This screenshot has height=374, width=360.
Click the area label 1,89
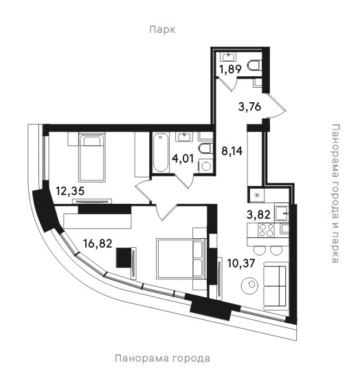pyautogui.click(x=230, y=69)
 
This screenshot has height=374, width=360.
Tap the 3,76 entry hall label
pyautogui.click(x=249, y=106)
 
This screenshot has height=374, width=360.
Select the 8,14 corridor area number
pyautogui.click(x=232, y=151)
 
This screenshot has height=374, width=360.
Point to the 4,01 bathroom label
pyautogui.click(x=183, y=159)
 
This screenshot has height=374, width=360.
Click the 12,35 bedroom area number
pyautogui.click(x=70, y=191)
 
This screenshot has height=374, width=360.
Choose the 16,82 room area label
pyautogui.click(x=98, y=244)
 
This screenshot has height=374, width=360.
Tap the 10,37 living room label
pyautogui.click(x=241, y=264)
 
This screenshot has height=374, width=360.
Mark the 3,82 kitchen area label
pyautogui.click(x=258, y=215)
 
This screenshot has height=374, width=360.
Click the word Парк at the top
pyautogui.click(x=162, y=30)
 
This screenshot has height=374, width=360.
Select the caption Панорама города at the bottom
pyautogui.click(x=162, y=358)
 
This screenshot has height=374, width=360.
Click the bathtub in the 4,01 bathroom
pyautogui.click(x=161, y=152)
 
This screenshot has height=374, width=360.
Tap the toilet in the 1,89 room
pyautogui.click(x=255, y=65)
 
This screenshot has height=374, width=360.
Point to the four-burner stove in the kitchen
pyautogui.click(x=267, y=230)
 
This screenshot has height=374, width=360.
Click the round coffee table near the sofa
pyautogui.click(x=250, y=285)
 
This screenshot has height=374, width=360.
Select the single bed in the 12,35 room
pyautogui.click(x=92, y=158)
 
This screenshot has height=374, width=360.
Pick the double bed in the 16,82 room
pyautogui.click(x=181, y=258)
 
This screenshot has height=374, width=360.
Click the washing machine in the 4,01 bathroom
pyautogui.click(x=205, y=165)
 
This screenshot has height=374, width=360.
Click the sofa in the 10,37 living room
pyautogui.click(x=276, y=286)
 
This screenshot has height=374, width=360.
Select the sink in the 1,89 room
pyautogui.click(x=229, y=57)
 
